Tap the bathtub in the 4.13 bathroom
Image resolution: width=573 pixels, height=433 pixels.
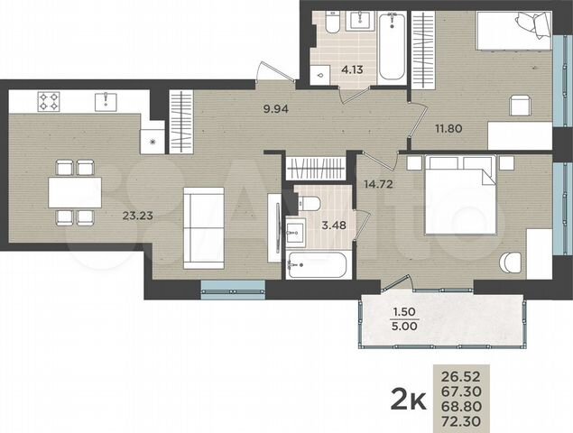coord(393,45)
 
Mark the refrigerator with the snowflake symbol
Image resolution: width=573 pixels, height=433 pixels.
coord(152,141)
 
